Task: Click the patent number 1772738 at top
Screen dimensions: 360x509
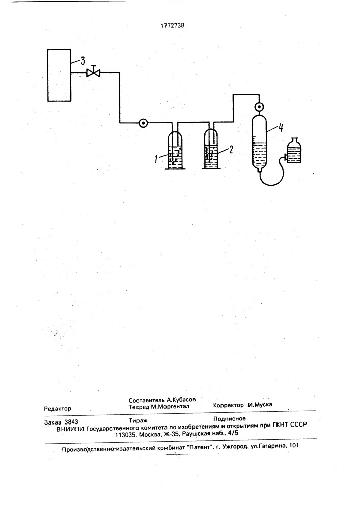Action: [x=173, y=25]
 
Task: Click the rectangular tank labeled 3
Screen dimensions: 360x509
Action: [x=59, y=75]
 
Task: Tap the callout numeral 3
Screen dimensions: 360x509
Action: [x=82, y=61]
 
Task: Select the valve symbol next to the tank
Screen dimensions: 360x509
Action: [x=93, y=72]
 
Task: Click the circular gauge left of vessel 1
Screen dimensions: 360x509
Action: [x=143, y=123]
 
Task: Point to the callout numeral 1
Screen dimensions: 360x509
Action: [x=157, y=159]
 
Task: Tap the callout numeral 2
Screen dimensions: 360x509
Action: [x=231, y=149]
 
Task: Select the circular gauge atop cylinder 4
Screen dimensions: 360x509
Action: [x=259, y=107]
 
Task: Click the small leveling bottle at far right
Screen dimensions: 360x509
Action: [x=293, y=151]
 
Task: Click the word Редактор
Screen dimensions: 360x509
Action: [x=58, y=409]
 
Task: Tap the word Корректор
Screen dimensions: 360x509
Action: [x=229, y=405]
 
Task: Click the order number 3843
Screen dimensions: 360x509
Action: [x=71, y=422]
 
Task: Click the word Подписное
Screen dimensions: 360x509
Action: [x=230, y=419]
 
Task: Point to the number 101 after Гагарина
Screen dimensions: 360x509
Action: [x=293, y=446]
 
